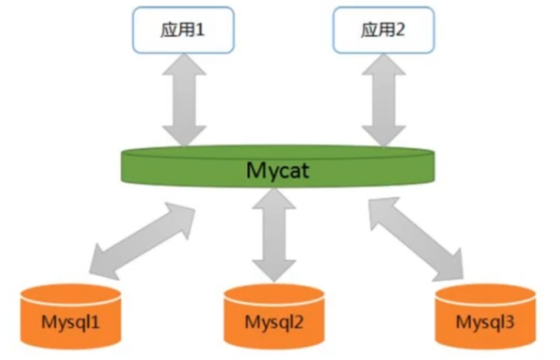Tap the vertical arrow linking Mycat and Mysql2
[275, 236]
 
